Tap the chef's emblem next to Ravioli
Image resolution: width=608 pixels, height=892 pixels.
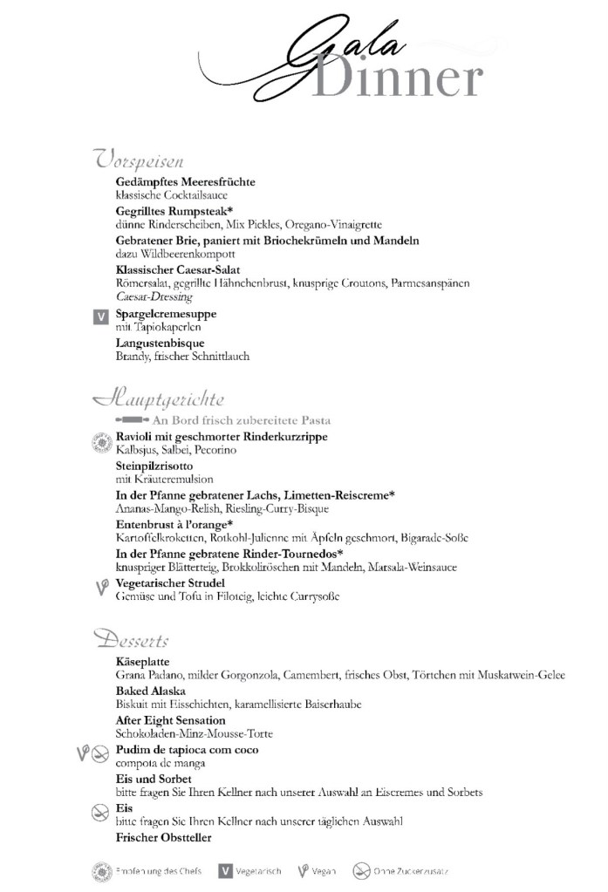click(100, 442)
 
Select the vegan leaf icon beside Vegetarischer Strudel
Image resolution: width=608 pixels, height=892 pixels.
click(101, 588)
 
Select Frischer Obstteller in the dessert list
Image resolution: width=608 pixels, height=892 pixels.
click(163, 838)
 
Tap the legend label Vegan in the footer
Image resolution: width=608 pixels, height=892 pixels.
click(323, 871)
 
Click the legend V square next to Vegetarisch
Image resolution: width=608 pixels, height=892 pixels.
click(225, 871)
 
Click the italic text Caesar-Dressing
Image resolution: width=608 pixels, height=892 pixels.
click(154, 297)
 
